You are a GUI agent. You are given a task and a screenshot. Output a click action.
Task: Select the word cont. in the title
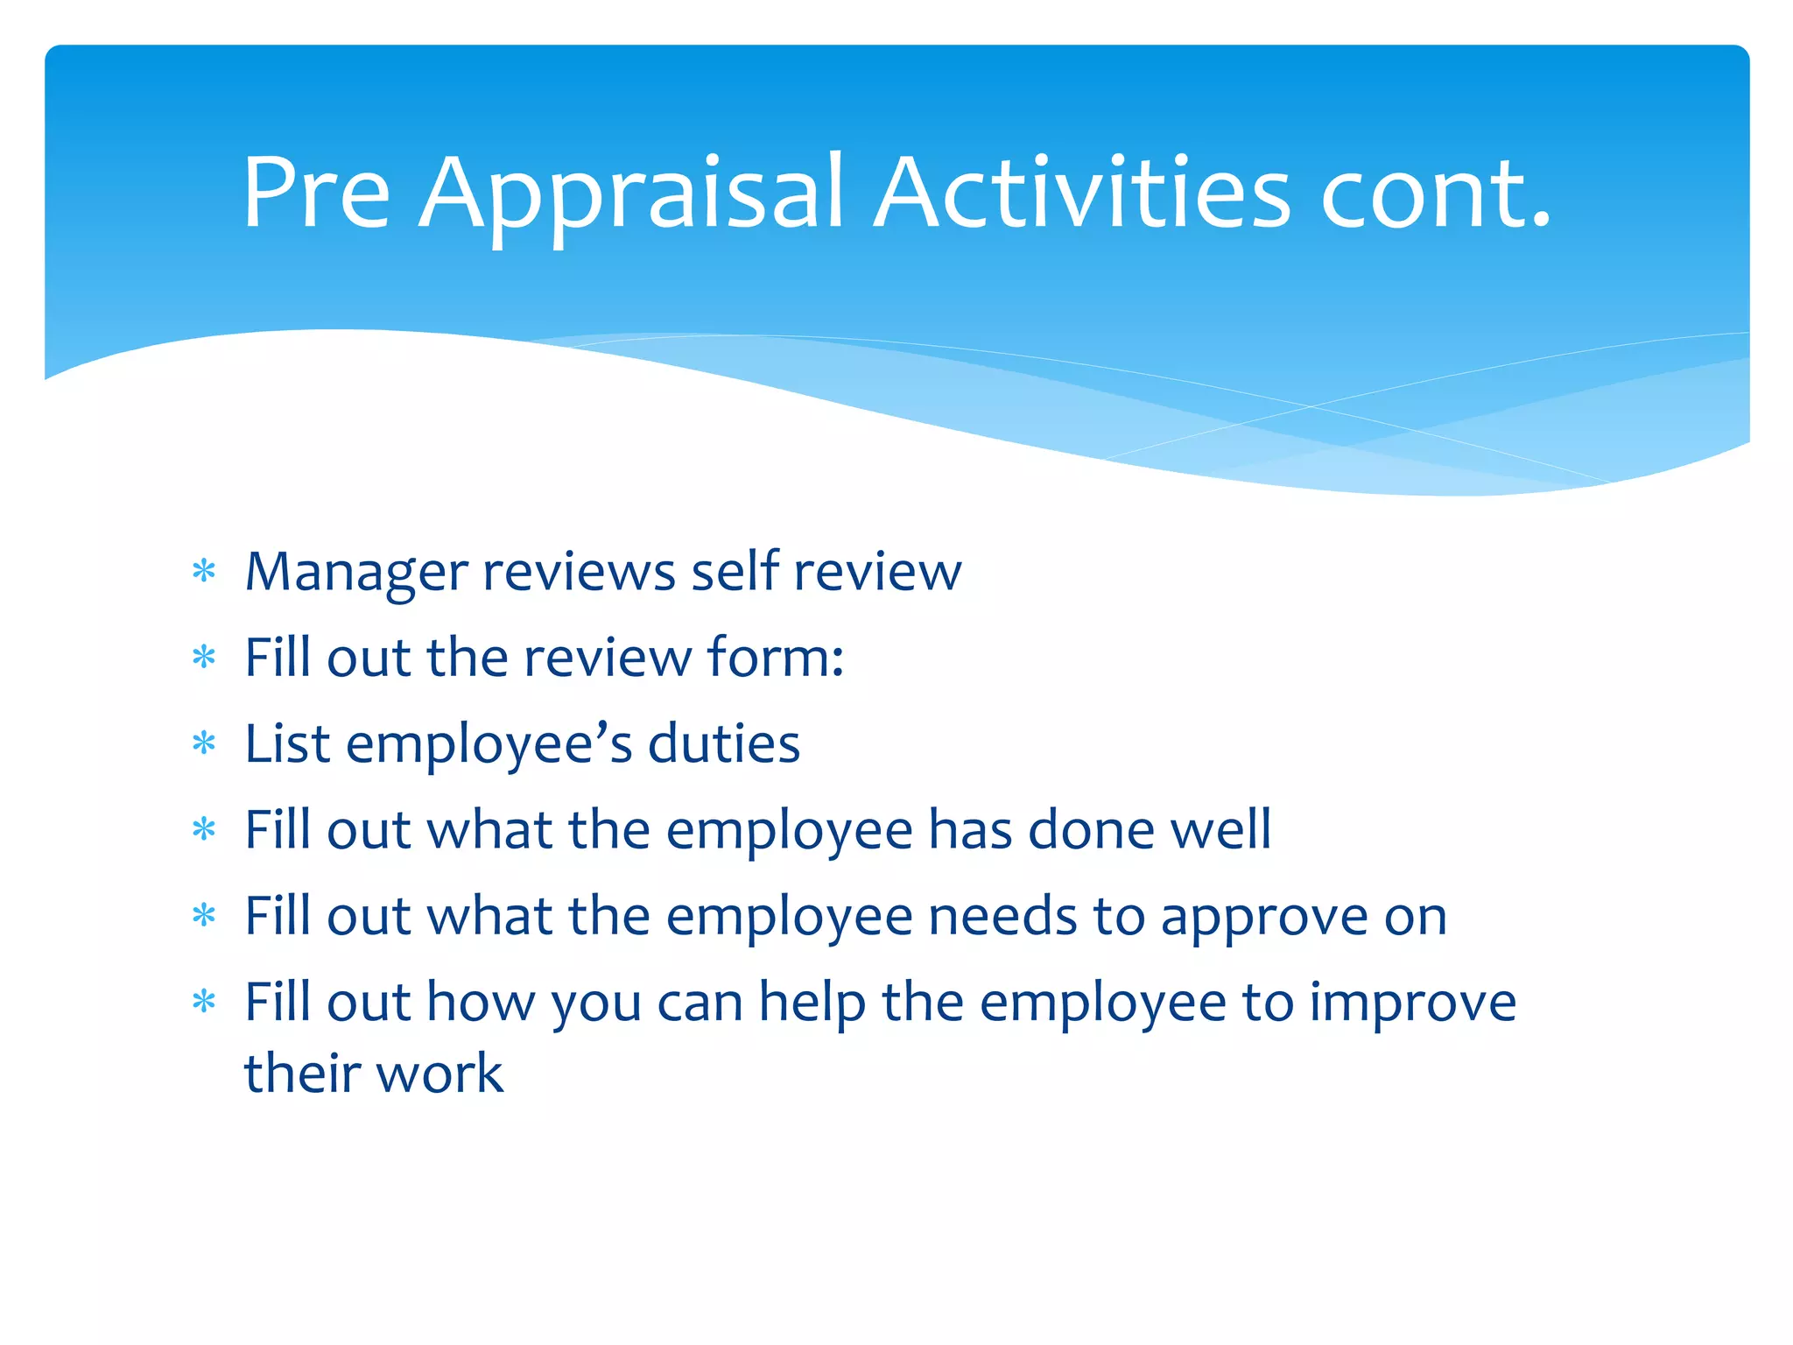coord(1436,194)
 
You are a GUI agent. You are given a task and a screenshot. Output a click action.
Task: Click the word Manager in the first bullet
coord(356,573)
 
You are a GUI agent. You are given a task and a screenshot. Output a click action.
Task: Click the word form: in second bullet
coord(775,657)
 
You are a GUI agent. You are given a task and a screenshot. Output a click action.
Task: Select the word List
coord(287,743)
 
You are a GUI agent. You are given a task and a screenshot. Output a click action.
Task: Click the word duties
coord(723,743)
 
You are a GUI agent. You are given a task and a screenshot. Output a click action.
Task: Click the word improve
coord(1412,1003)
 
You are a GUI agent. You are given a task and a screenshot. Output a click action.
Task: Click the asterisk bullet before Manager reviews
coord(204,572)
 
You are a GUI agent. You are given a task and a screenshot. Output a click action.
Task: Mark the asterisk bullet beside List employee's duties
coord(204,743)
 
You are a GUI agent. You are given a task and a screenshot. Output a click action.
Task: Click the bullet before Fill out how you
coord(204,1001)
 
